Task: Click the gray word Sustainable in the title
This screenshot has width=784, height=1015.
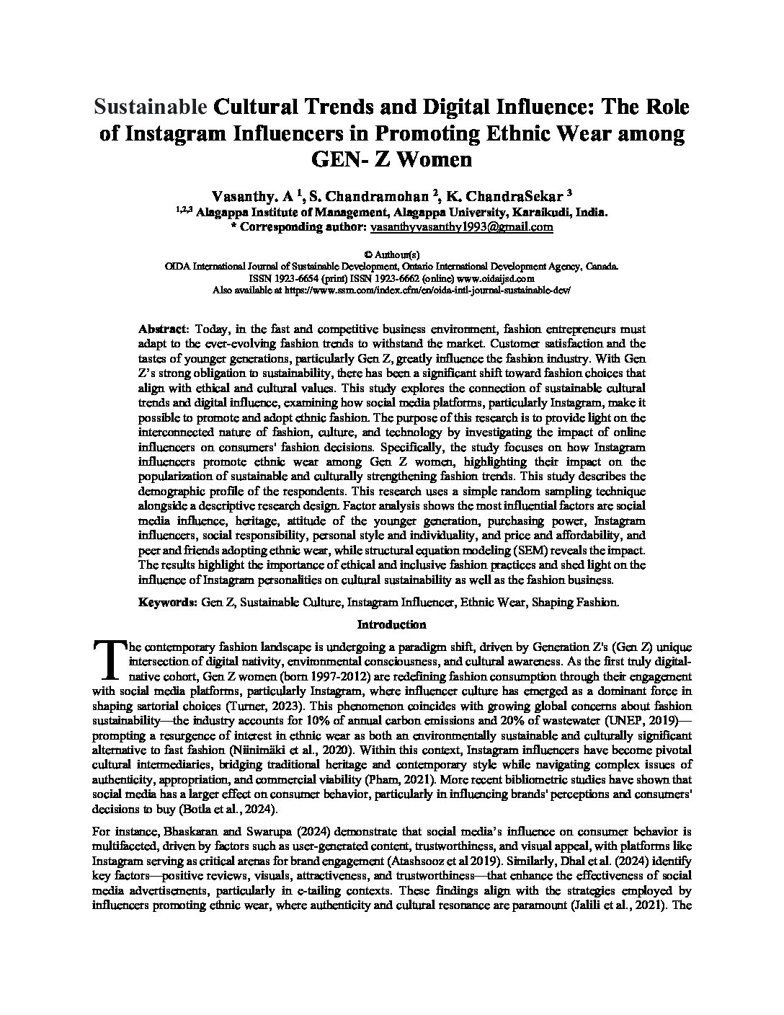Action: (x=151, y=107)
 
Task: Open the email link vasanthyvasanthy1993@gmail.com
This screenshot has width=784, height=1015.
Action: (x=461, y=226)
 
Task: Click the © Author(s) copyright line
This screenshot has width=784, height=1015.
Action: (x=391, y=254)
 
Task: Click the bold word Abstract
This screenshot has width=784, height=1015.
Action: (x=162, y=328)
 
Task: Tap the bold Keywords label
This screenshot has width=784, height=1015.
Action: (x=168, y=602)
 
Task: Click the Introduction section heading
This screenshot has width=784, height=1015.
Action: (x=391, y=624)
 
